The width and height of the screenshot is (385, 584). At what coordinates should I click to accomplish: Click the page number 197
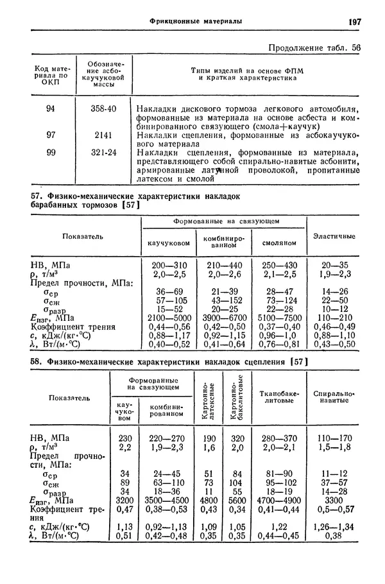tap(355, 22)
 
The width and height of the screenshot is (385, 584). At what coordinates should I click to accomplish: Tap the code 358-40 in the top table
tap(103, 109)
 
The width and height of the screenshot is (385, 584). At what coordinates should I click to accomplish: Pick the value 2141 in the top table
tap(103, 135)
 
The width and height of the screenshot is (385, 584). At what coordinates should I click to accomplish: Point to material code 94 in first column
tap(51, 109)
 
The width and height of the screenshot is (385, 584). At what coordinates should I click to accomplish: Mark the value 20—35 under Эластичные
tap(334, 264)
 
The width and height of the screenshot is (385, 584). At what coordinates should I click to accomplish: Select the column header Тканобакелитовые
tap(277, 396)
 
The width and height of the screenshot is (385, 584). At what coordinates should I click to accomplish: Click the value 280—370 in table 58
tap(277, 438)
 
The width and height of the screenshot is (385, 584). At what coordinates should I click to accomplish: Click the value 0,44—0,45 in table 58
tap(277, 536)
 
